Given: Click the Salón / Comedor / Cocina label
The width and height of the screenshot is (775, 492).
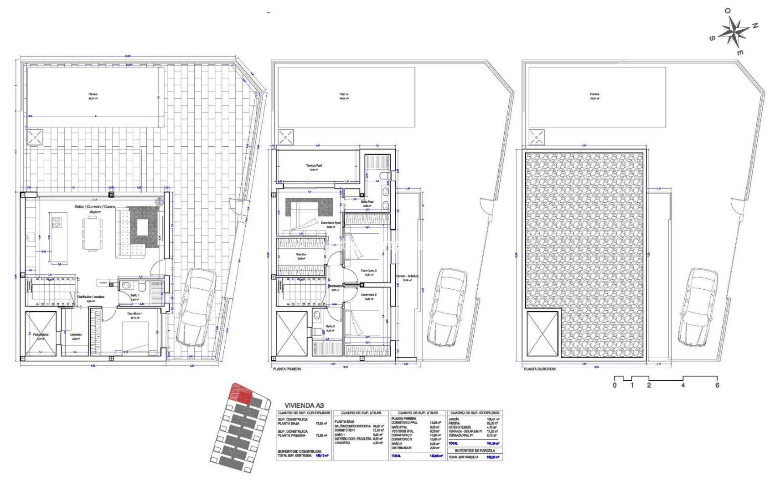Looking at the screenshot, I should pyautogui.click(x=95, y=207).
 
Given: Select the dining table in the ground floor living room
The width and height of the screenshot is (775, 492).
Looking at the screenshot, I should pyautogui.click(x=92, y=234).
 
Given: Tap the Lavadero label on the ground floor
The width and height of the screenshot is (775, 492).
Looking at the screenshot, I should pyautogui.click(x=76, y=334).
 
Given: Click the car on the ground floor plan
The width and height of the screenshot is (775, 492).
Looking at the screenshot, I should pyautogui.click(x=195, y=307).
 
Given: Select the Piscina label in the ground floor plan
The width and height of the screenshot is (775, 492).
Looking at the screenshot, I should pyautogui.click(x=93, y=95).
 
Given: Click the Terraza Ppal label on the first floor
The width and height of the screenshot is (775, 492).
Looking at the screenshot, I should pyautogui.click(x=314, y=166).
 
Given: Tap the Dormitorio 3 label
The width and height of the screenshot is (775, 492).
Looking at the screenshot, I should pyautogui.click(x=368, y=271).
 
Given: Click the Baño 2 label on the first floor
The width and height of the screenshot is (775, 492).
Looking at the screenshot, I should pyautogui.click(x=331, y=326).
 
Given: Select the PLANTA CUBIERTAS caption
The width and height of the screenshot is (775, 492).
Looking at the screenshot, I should pyautogui.click(x=540, y=369).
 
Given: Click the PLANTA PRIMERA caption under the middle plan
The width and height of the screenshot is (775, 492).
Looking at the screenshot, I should pyautogui.click(x=287, y=369).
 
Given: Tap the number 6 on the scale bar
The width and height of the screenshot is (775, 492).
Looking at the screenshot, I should pyautogui.click(x=717, y=385).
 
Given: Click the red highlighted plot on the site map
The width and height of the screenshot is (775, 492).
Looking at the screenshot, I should pyautogui.click(x=240, y=393).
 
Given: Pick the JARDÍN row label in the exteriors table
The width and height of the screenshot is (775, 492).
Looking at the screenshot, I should pyautogui.click(x=454, y=419).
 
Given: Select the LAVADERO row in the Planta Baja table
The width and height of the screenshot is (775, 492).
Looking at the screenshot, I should pyautogui.click(x=345, y=442).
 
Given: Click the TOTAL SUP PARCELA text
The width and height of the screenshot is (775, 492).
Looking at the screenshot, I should pyautogui.click(x=464, y=457).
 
